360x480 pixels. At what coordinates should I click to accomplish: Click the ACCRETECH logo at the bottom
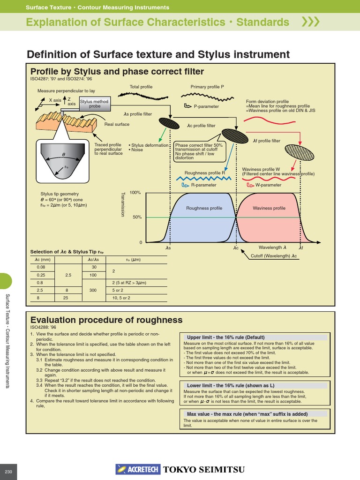point(138,469)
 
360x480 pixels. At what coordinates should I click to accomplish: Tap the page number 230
point(8,471)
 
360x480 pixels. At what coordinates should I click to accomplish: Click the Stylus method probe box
point(94,104)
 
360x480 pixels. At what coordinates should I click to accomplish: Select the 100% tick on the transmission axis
point(135,193)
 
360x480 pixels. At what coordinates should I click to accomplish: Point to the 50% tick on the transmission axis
point(137,217)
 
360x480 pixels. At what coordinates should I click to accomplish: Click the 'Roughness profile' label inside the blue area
point(204,208)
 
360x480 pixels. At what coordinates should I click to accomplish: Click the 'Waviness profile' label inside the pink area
point(269,208)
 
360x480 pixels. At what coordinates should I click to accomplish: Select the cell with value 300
point(93,290)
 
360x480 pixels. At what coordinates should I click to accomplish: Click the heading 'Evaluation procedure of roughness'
point(106,320)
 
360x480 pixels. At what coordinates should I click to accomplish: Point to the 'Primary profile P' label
point(207,87)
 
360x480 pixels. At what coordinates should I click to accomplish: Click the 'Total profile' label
point(141,87)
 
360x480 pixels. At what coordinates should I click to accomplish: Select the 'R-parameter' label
point(204,185)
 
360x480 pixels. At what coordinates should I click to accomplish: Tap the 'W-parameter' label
point(268,185)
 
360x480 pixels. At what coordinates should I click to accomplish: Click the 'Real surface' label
point(117,124)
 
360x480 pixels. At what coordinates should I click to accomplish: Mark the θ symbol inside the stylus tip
point(63,154)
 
